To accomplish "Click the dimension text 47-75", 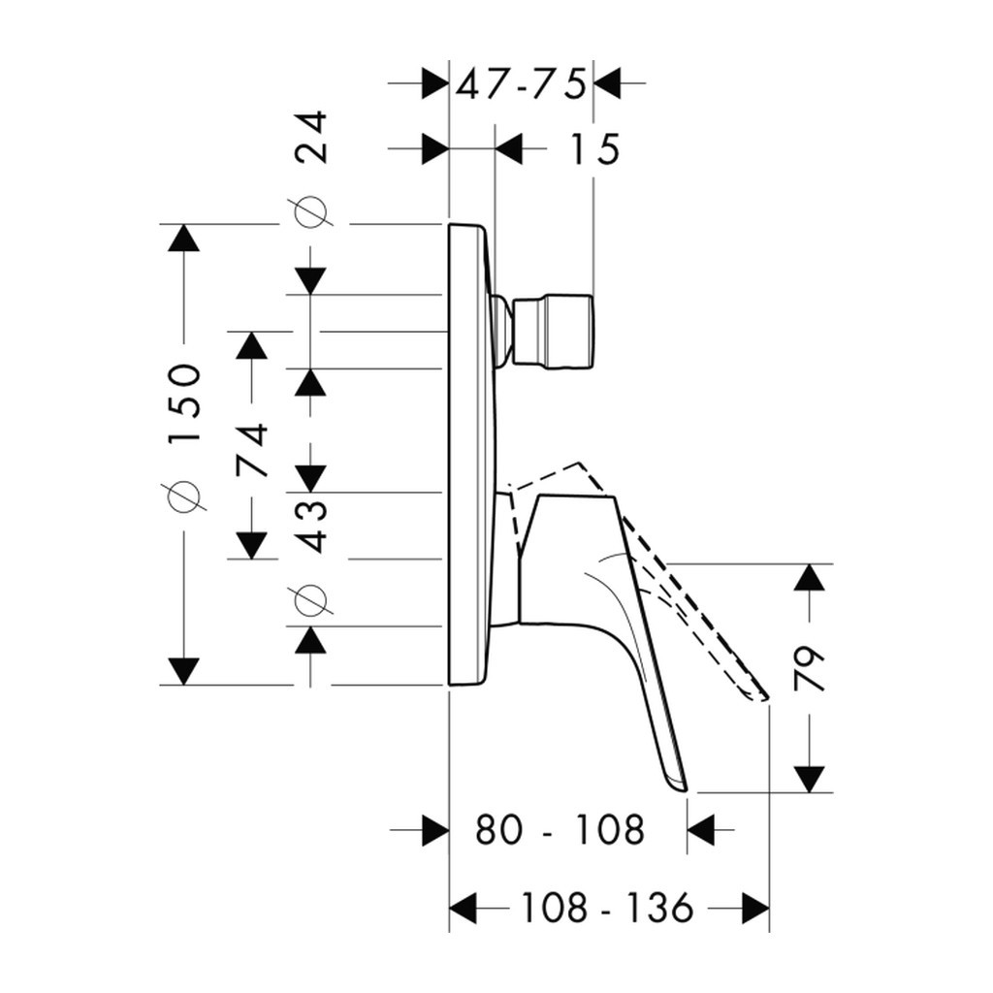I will (522, 85).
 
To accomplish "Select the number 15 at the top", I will (593, 150).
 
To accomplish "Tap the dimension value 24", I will (312, 138).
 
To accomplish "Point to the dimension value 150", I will (183, 403).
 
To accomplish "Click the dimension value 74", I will (252, 449).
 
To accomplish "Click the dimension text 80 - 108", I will (560, 830).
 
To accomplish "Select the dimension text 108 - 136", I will (607, 909).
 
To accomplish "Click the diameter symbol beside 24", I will (311, 211).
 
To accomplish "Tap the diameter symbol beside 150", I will (183, 496).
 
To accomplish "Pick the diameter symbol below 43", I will (311, 600).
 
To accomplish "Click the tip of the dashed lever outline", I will (763, 696).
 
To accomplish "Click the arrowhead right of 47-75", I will (607, 85).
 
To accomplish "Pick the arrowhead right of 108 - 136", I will (755, 909).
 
